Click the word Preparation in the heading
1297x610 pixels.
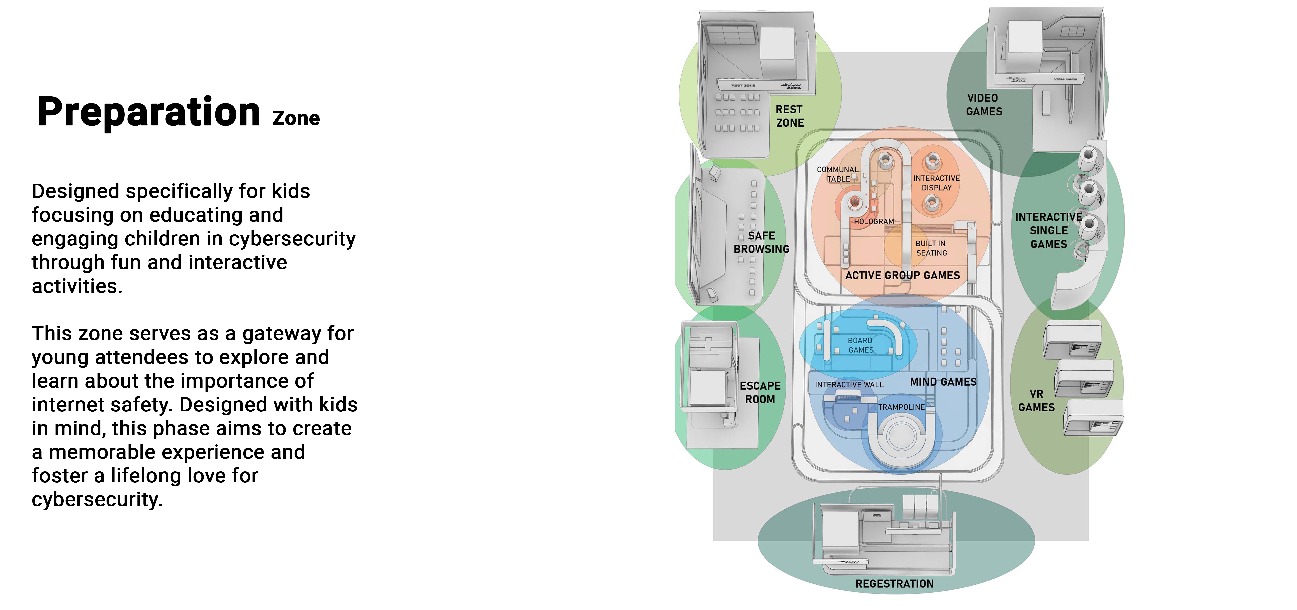pyautogui.click(x=148, y=112)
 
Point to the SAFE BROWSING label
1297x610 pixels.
pyautogui.click(x=761, y=242)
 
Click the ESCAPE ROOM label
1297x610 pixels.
pyautogui.click(x=760, y=392)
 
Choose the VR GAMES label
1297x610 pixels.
pyautogui.click(x=1036, y=400)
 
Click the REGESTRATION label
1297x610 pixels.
pyautogui.click(x=894, y=584)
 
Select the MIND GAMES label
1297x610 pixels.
pyautogui.click(x=943, y=382)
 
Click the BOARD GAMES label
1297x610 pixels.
pyautogui.click(x=861, y=345)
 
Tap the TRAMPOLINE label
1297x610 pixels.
pyautogui.click(x=901, y=407)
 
